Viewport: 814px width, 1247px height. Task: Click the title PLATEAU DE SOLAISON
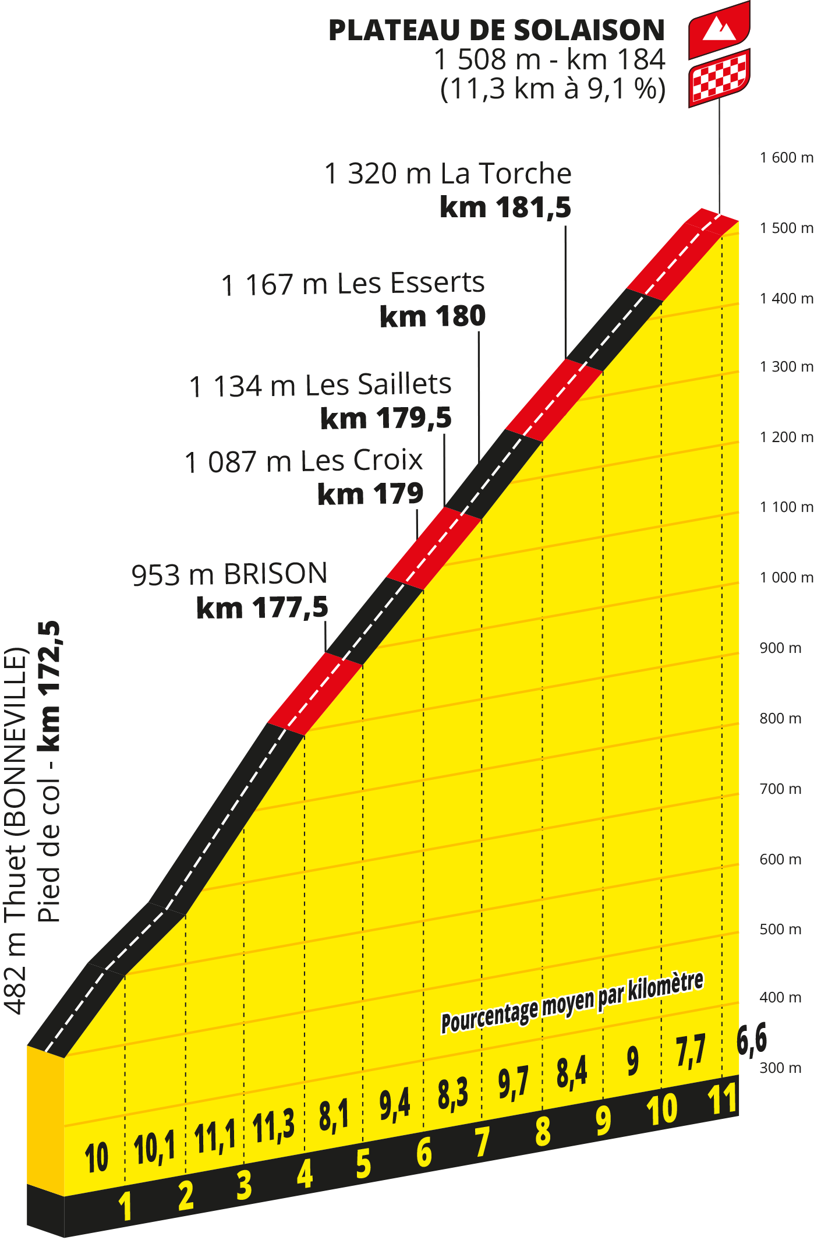point(496,30)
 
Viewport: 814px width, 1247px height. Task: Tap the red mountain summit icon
point(719,29)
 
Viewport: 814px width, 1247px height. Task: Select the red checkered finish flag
point(719,77)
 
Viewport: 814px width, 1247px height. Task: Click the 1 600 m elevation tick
point(786,157)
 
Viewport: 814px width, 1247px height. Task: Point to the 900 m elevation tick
point(780,648)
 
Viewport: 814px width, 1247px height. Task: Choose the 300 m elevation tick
point(780,1068)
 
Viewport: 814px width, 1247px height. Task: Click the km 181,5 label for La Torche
point(505,207)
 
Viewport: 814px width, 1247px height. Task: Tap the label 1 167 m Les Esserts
point(353,284)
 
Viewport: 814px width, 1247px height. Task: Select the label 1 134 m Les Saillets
point(320,386)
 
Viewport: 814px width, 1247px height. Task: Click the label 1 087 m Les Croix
point(303,461)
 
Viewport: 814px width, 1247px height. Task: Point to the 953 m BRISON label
point(229,574)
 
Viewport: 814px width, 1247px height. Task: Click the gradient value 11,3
point(274,1126)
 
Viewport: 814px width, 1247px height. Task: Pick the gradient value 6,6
point(752,1039)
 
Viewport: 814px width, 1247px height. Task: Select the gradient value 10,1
point(154,1148)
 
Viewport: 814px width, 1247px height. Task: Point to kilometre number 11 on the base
point(723,1100)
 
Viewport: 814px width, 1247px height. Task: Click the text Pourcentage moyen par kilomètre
point(572,1002)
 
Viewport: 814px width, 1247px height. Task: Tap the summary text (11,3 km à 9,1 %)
point(553,89)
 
